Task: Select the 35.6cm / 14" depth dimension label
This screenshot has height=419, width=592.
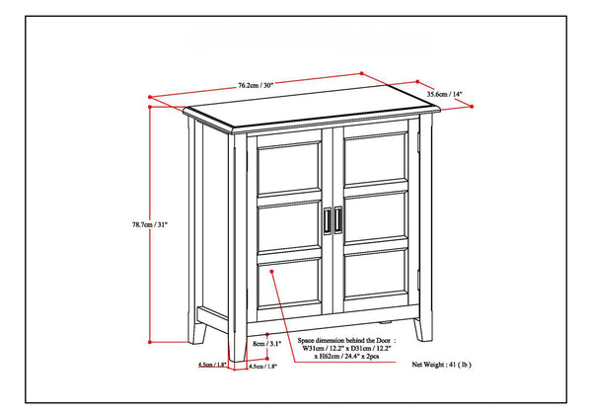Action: tap(445, 95)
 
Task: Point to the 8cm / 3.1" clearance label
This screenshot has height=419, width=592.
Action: tap(266, 344)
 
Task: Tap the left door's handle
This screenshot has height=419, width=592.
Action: tap(328, 221)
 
